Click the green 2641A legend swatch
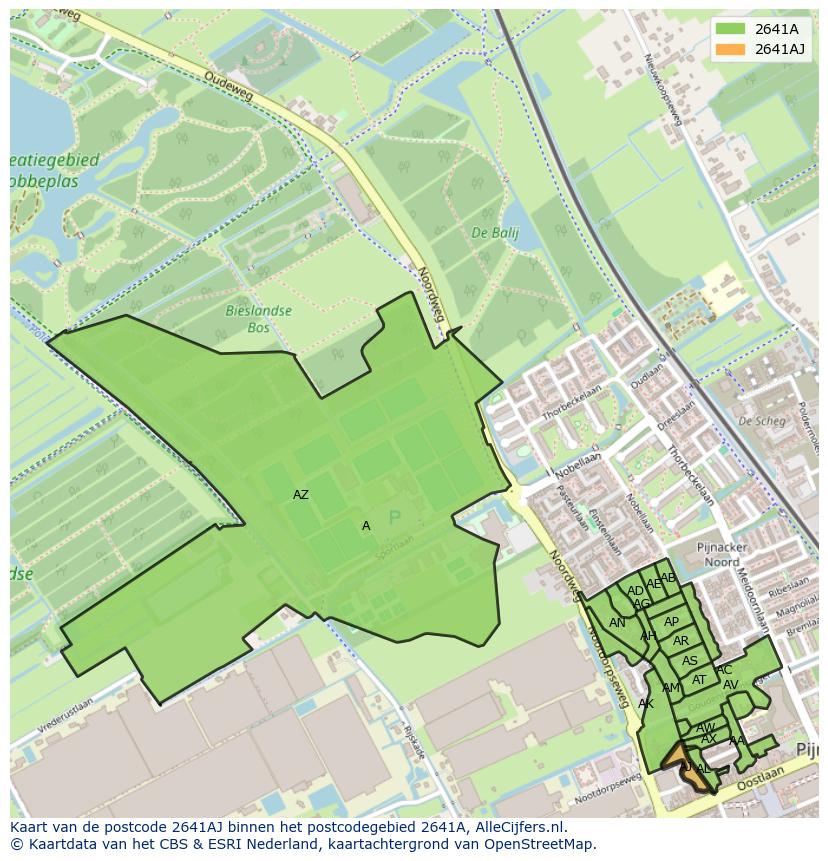(730, 29)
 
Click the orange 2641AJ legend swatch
(730, 49)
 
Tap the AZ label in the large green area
(301, 495)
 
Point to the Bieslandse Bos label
(258, 319)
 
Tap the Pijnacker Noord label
(731, 555)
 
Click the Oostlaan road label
(768, 775)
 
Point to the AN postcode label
(617, 623)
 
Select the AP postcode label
(671, 622)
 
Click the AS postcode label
(690, 661)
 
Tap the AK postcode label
(646, 704)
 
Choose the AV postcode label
(730, 685)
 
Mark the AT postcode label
(699, 680)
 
